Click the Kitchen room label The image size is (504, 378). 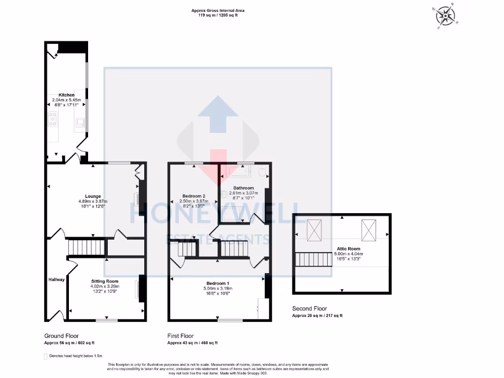[x=66, y=94]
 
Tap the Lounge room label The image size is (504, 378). [x=93, y=196]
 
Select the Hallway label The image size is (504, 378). [x=57, y=280]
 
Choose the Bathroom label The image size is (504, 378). [x=244, y=188]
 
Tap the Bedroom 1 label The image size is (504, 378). [x=217, y=283]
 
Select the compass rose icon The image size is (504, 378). [x=445, y=15]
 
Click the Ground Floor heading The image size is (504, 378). [x=62, y=336]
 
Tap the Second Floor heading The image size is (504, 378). [x=310, y=309]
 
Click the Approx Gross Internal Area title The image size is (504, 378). [x=218, y=10]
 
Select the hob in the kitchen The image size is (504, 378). [x=53, y=120]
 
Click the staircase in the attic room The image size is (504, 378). [x=313, y=258]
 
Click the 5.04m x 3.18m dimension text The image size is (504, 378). [x=217, y=288]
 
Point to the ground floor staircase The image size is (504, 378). [x=86, y=247]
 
